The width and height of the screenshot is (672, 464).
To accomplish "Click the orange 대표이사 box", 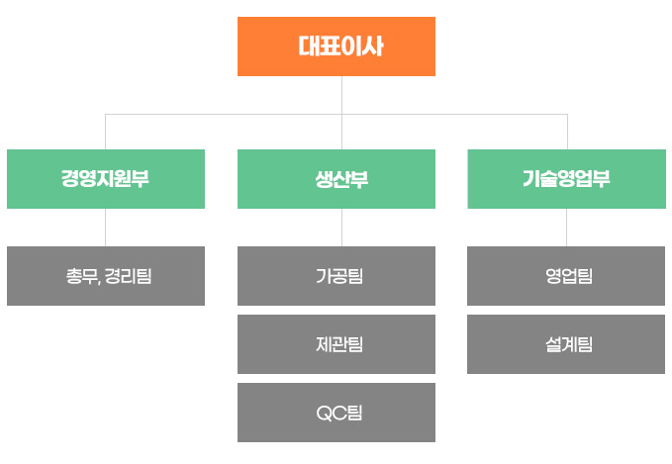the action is (336, 46).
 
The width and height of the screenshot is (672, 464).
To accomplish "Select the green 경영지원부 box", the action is (106, 179).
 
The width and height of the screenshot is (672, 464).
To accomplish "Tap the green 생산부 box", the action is (336, 179).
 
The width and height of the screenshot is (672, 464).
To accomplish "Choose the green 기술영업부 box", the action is (566, 179).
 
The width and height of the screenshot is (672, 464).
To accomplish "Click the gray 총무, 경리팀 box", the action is (106, 276).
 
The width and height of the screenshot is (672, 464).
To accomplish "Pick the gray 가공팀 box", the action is (336, 276).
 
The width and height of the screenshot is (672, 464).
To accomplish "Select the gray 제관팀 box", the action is (336, 344).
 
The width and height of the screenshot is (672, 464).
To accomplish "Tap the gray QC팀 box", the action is (336, 413).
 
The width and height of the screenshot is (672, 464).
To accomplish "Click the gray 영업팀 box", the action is (566, 276).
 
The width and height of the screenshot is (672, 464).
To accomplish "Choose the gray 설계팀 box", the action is (566, 344).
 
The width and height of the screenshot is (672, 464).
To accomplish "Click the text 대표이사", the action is (340, 46).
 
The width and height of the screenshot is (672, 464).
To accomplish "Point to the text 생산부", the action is (341, 179).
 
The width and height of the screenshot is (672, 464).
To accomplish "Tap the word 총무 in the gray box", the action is (82, 276).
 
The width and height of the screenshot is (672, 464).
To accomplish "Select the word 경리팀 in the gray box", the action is (128, 276).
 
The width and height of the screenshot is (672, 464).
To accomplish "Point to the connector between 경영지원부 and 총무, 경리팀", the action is (106, 228).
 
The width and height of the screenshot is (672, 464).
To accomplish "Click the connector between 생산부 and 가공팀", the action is (342, 228).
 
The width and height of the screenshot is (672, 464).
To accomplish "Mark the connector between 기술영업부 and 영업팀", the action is (566, 228).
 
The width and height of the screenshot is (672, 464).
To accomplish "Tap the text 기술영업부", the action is (566, 179).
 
